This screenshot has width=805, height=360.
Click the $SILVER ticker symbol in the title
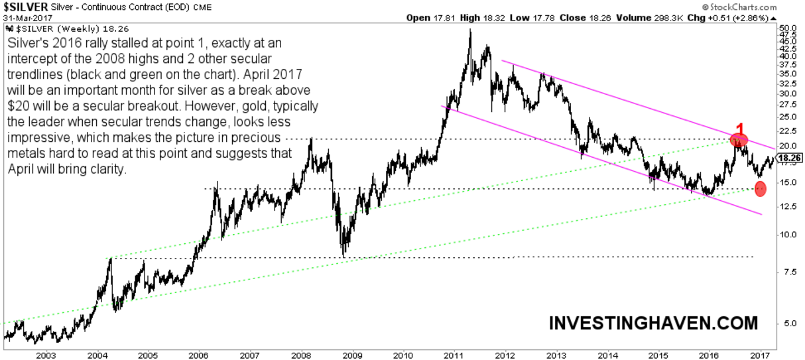pos(25,7)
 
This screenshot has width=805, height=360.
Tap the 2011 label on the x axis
pos(454,354)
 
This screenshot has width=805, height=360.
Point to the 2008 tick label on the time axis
pos(302,354)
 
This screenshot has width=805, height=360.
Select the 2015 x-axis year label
pos(657,354)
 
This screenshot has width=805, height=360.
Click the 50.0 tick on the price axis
pos(787,27)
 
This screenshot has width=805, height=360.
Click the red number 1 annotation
pos(740,129)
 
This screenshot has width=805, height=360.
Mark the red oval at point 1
pos(739,140)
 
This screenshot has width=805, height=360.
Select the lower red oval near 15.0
pos(760,189)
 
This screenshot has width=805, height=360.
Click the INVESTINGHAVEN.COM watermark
pos(652,323)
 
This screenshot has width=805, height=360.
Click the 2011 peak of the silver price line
pos(470,30)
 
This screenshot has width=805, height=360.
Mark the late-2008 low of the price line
pos(343,255)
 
